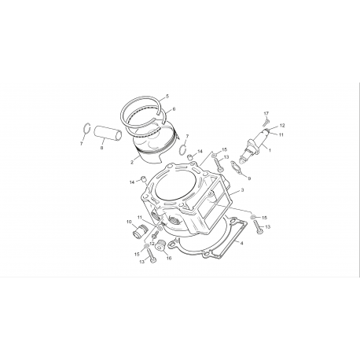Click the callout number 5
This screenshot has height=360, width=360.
point(167,96)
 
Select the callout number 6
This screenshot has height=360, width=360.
point(174,109)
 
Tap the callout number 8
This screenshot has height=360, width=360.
point(101,148)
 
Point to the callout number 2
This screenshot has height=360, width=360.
point(132,163)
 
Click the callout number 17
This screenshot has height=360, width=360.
point(266,113)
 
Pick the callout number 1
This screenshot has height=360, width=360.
point(270,150)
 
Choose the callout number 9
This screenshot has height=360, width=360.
point(249,178)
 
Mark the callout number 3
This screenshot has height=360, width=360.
point(242,190)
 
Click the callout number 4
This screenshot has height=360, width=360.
point(241,243)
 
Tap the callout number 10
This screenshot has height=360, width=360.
point(129,222)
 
